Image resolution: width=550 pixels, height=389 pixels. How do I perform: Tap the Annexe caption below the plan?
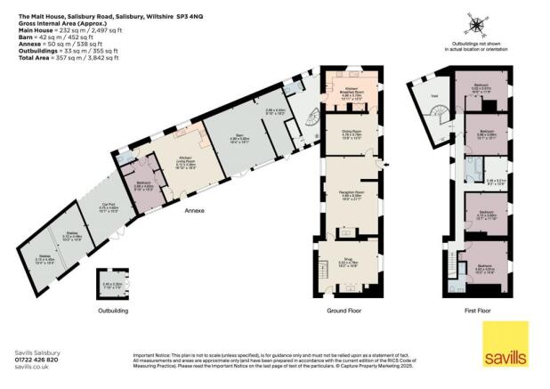pyautogui.click(x=195, y=213)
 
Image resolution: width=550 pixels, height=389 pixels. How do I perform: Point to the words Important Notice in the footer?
pyautogui.click(x=150, y=353)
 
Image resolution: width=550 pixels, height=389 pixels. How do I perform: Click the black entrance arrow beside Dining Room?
pyautogui.click(x=380, y=166)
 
